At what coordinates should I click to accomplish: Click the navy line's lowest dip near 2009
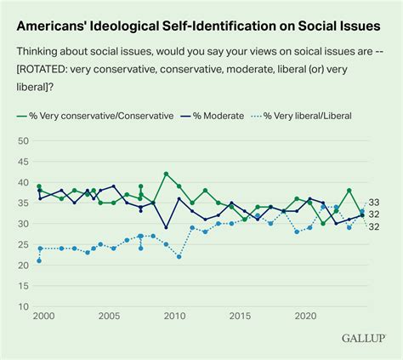click(165, 229)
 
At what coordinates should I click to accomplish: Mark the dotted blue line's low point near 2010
click(179, 256)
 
